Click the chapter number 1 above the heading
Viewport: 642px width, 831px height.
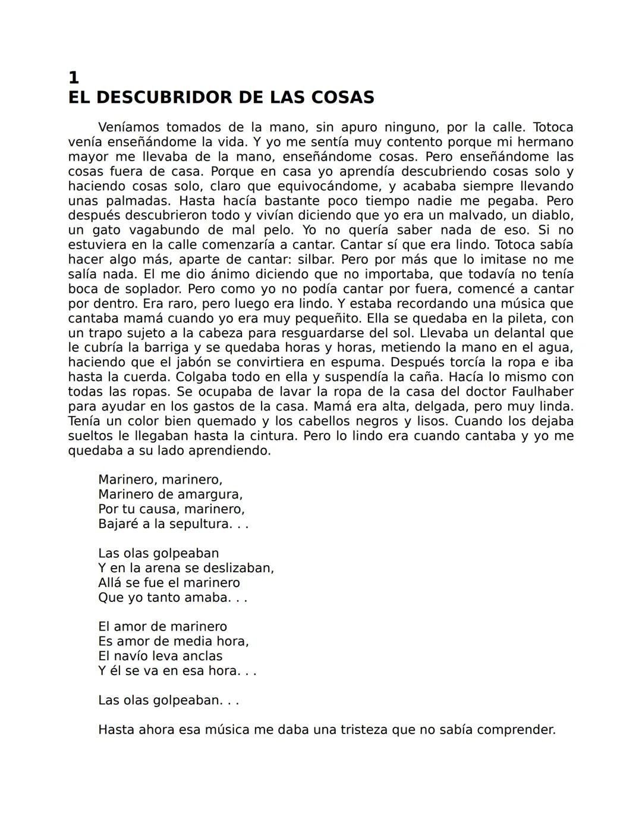tap(73, 78)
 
